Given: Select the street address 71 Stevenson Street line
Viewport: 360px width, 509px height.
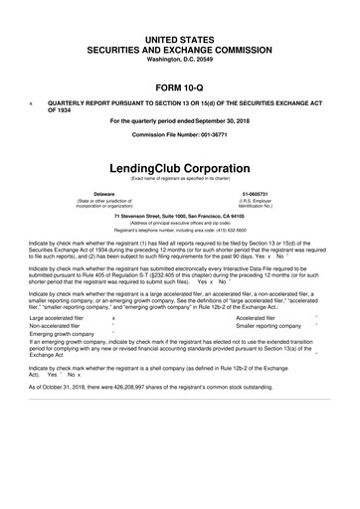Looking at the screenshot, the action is coord(179,216).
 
